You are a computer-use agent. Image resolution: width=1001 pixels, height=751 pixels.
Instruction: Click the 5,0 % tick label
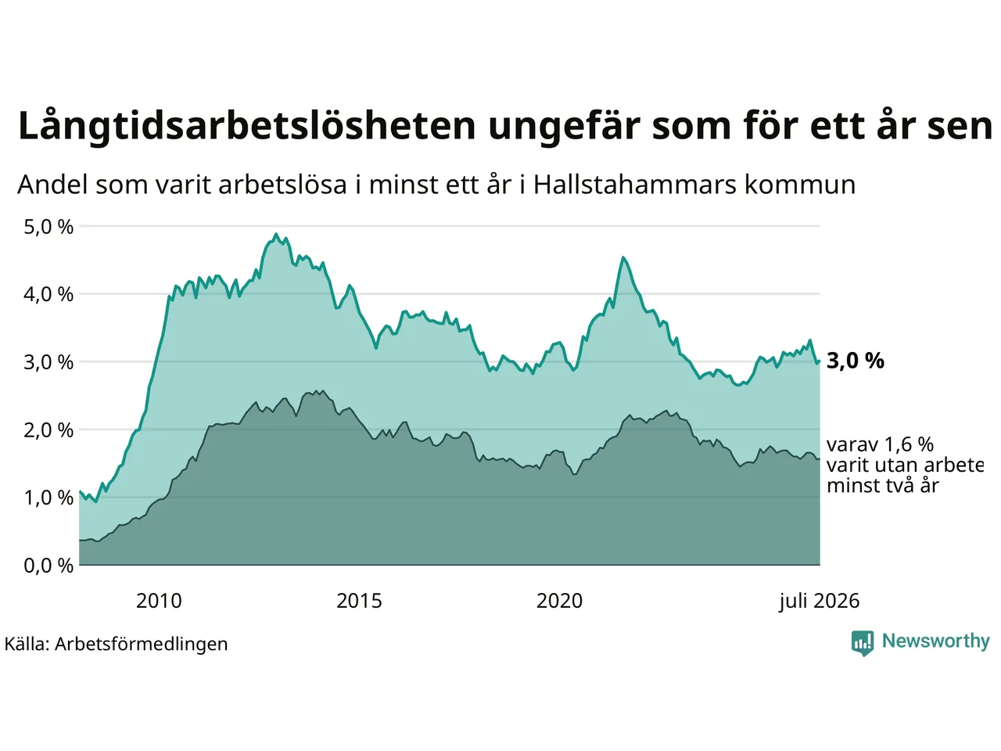(48, 227)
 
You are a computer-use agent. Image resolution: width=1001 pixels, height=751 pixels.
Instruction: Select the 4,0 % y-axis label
(48, 295)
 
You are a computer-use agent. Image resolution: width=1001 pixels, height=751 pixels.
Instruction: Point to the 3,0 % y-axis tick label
(48, 362)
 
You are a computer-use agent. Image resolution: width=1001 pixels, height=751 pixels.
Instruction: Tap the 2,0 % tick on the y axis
(48, 430)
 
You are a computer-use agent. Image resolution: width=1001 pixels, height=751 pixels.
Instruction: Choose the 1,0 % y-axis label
(48, 498)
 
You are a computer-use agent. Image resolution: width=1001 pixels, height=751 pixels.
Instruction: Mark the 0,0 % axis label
(48, 566)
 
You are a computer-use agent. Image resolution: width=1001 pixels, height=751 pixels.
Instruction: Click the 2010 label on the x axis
(159, 601)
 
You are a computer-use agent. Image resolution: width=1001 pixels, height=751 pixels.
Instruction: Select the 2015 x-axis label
(359, 601)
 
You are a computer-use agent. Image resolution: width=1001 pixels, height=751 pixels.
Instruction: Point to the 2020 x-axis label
(559, 601)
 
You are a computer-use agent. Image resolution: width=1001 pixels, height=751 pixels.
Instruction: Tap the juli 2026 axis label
(820, 602)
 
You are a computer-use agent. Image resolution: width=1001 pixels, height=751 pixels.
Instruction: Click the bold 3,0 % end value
(856, 361)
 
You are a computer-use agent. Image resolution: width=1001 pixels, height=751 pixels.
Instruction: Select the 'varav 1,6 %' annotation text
(880, 444)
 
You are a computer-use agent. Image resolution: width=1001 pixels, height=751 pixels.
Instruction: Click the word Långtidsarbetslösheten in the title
(246, 126)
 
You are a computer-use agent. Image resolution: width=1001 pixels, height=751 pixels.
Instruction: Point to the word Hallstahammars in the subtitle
(635, 185)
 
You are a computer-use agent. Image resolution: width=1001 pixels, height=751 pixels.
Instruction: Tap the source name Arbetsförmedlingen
(141, 645)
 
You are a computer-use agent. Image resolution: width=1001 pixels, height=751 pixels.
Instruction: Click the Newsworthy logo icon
(863, 643)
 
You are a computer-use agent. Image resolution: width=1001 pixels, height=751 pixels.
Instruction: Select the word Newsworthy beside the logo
(936, 641)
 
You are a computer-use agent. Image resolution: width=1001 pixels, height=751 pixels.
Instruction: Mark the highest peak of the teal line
(276, 235)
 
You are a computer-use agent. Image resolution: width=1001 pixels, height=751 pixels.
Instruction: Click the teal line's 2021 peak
(623, 258)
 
